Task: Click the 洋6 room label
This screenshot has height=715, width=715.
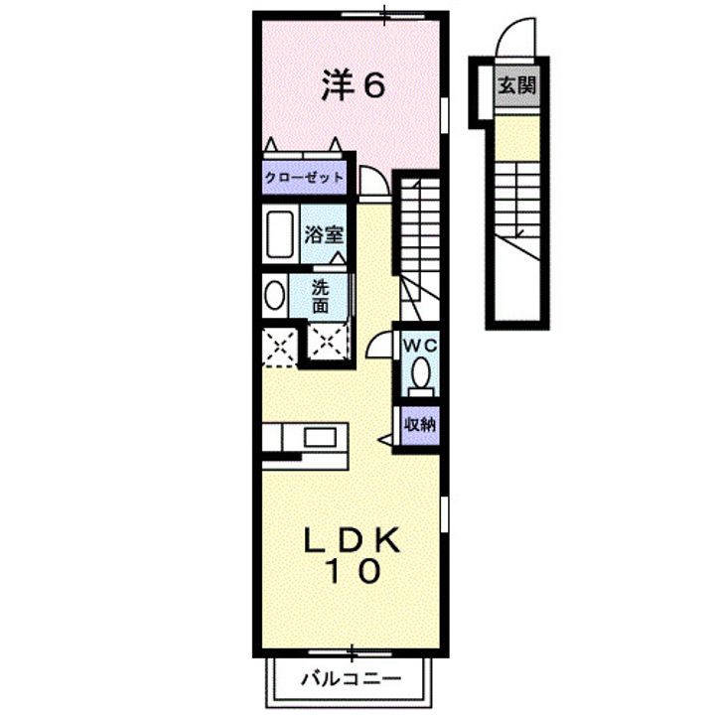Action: pyautogui.click(x=353, y=87)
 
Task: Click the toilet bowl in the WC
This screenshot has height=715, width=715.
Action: pyautogui.click(x=420, y=375)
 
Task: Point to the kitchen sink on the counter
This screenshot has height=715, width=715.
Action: pyautogui.click(x=320, y=438)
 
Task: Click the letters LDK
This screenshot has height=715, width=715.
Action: pyautogui.click(x=352, y=540)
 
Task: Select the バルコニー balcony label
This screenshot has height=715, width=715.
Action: pyautogui.click(x=350, y=681)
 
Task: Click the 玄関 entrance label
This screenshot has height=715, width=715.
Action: pyautogui.click(x=516, y=85)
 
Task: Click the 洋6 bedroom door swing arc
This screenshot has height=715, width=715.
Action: pyautogui.click(x=372, y=183)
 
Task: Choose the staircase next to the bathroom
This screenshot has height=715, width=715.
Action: pyautogui.click(x=417, y=228)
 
